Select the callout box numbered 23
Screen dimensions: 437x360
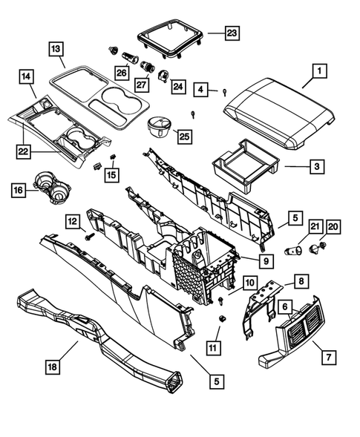tap(232, 33)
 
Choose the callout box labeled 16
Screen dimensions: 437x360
tap(18, 190)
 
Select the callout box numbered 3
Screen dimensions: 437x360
tap(316, 167)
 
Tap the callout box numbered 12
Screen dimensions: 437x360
tap(71, 221)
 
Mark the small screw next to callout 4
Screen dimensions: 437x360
tap(223, 92)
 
